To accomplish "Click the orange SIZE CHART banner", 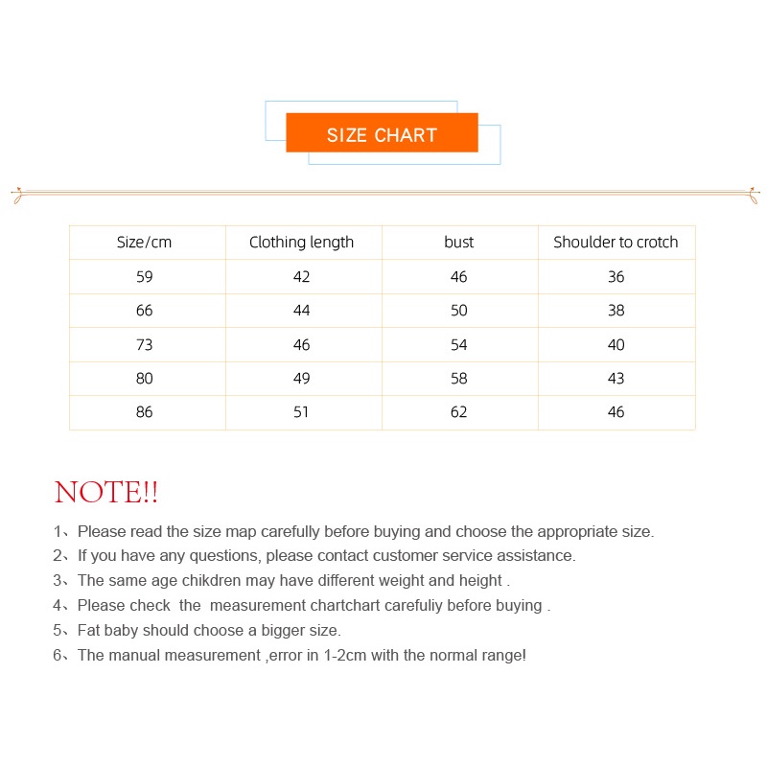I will (382, 134).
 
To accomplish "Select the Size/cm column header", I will (145, 243).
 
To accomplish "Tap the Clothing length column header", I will (301, 243).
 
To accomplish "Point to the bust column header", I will (459, 243).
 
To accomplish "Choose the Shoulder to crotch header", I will (616, 243).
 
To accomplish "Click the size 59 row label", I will (145, 277).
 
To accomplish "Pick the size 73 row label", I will (145, 345).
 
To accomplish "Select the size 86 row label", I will (145, 412).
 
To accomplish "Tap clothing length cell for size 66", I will (302, 311).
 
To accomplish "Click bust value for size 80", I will (459, 379).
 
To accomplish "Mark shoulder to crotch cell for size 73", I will (616, 345).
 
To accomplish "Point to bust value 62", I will (459, 412).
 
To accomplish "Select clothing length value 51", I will (302, 412).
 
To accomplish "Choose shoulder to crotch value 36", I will (616, 277).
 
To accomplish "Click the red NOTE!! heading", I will (106, 493).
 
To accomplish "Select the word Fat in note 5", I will (90, 631).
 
